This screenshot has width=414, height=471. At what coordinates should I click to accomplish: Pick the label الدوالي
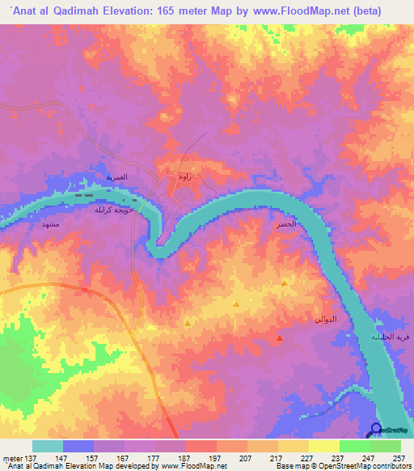pyautogui.click(x=324, y=320)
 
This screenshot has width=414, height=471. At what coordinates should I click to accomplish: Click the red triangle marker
pyautogui.click(x=280, y=338)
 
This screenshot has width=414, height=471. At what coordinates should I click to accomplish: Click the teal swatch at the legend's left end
pyautogui.click(x=48, y=447)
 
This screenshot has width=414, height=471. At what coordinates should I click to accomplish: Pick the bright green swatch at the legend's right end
pyautogui.click(x=386, y=447)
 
